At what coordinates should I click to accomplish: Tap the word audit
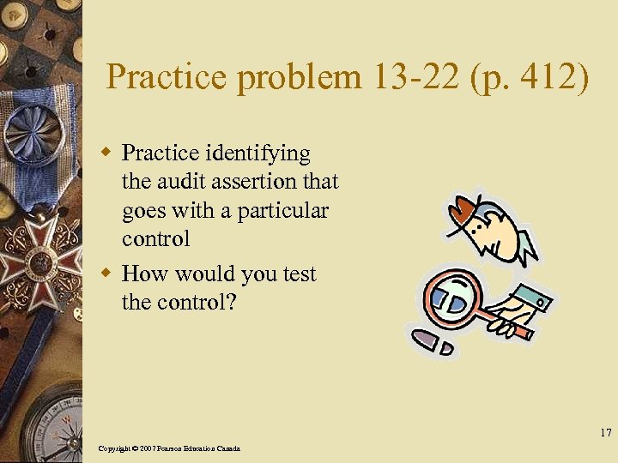point(179,182)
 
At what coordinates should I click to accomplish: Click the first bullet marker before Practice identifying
point(106,153)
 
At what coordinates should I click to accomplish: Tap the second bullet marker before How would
point(106,274)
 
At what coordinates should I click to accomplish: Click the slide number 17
point(606,433)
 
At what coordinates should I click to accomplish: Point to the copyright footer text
point(169,448)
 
